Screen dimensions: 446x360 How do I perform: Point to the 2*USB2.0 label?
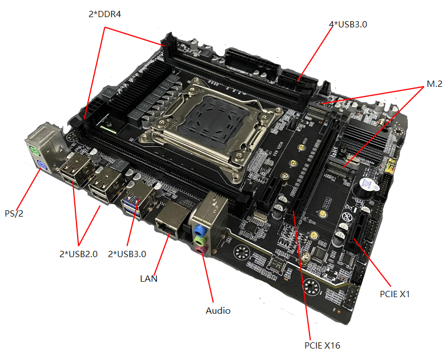(79, 253)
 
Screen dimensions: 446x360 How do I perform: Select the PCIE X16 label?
(322, 345)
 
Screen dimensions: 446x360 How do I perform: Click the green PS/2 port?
(35, 153)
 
